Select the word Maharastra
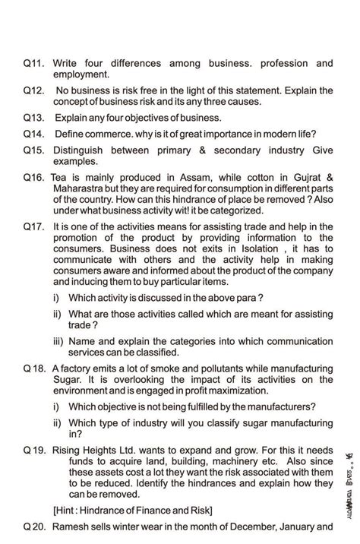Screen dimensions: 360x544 (83, 188)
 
